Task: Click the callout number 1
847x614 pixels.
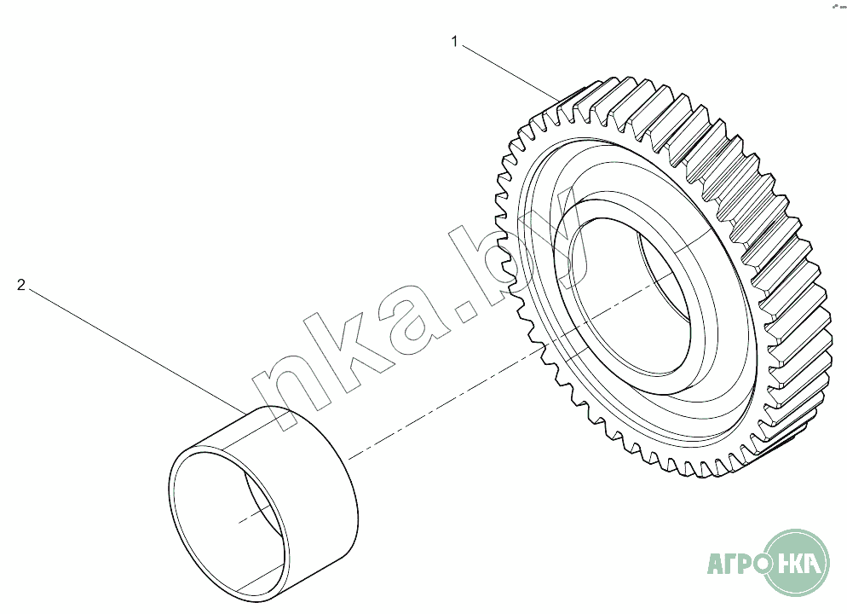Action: [x=455, y=42]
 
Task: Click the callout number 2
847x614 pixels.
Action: [x=21, y=285]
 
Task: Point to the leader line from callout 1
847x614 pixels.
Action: [x=510, y=73]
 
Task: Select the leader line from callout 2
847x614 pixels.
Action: [x=137, y=352]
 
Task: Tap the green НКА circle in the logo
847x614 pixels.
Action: [x=797, y=563]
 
